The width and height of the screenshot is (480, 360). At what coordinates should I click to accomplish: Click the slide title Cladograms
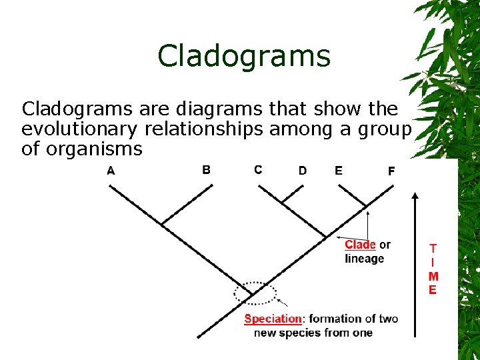coord(244,56)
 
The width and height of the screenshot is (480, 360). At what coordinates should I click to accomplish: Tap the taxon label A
coord(111,170)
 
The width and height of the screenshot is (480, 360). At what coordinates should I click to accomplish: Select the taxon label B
coord(206,169)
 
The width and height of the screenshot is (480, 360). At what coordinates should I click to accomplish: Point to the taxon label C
coord(258,169)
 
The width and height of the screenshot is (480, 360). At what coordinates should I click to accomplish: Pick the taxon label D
coord(303,171)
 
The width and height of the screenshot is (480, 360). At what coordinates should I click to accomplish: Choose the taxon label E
coord(339,171)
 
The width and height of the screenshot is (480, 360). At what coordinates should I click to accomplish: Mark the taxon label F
coord(391,171)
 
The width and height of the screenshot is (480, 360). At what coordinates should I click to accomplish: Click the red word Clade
coord(360,245)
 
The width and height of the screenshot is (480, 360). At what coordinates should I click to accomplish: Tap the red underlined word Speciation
coord(273,319)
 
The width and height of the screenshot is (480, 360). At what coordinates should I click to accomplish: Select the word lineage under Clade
coord(365,259)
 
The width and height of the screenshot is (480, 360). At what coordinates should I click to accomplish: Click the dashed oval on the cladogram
coord(255,292)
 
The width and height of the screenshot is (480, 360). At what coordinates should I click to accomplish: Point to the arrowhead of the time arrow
coord(415,197)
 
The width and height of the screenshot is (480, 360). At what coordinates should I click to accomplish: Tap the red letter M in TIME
coord(433,276)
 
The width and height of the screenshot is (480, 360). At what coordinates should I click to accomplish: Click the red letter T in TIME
coord(433,248)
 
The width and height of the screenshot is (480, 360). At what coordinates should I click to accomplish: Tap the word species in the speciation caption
coord(307,333)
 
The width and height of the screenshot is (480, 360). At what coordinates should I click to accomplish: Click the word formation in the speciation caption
coord(333,319)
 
